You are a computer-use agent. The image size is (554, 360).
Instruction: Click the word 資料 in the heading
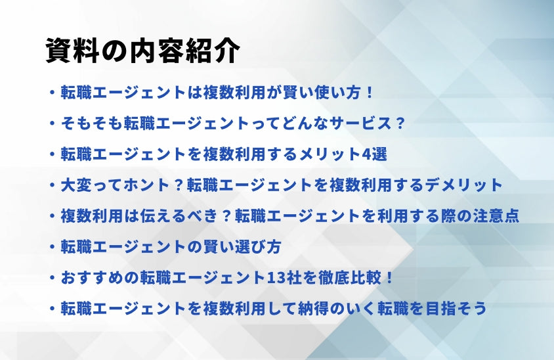tap(72, 51)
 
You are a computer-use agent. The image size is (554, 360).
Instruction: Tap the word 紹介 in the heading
tap(213, 51)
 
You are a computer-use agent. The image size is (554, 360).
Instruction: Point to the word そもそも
tap(91, 124)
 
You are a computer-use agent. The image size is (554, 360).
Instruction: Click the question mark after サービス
tap(400, 124)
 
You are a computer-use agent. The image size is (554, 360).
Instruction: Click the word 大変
tap(75, 185)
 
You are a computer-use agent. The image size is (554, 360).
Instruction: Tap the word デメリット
tap(463, 185)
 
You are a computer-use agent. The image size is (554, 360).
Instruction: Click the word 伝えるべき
tap(178, 215)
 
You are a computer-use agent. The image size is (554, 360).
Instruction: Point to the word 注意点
tap(496, 215)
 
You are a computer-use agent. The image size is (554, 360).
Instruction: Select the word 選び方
tap(257, 246)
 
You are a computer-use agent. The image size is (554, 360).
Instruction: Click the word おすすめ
tap(91, 278)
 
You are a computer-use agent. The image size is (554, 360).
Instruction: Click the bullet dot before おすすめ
tap(53, 278)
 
